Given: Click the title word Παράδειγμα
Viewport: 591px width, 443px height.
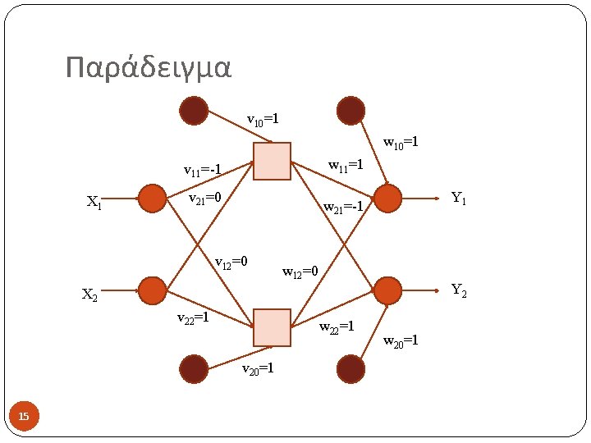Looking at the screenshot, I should point(149,69).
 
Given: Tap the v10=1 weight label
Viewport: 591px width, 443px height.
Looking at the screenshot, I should point(263,120).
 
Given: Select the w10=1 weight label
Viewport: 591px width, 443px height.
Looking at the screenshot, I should point(401,143).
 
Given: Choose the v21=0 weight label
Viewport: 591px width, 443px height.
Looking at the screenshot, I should point(205,198).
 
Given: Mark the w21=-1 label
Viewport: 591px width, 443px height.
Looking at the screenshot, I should point(343,208).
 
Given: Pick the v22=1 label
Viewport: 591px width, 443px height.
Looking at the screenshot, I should point(194,317).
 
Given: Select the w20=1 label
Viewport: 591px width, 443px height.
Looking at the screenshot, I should point(401,340).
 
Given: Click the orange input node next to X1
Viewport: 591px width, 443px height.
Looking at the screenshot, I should point(152,199).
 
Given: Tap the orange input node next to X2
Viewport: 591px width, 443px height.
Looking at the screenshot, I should point(152,290).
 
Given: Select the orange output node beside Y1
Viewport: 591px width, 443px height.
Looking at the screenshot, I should point(387,199).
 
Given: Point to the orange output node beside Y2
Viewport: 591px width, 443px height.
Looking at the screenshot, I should point(387,290).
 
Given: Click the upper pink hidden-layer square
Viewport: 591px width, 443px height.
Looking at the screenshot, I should point(272,161).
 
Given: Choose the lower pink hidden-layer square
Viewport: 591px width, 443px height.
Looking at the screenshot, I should point(272,327).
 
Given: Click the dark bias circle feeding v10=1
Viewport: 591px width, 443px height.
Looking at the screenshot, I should point(194,111).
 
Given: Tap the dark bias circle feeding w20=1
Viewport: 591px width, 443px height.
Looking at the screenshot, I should point(350,369).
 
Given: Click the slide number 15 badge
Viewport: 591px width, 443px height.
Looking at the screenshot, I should point(24,418).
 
